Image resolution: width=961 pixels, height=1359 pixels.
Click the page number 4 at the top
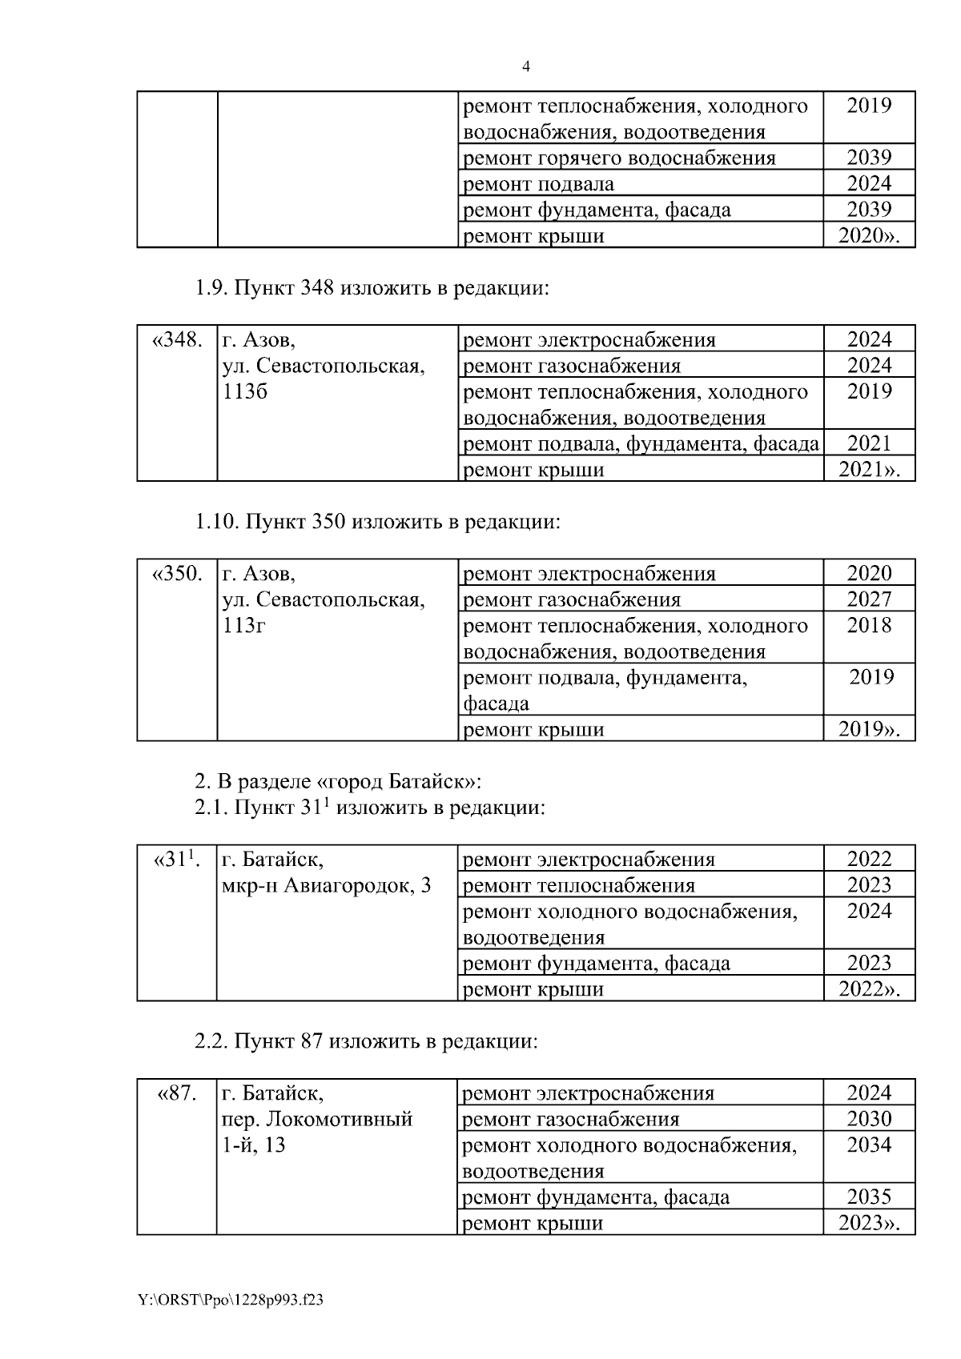(x=526, y=67)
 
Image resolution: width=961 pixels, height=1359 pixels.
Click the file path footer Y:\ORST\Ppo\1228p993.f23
(x=231, y=1301)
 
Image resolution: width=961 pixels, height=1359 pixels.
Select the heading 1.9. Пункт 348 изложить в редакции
(x=372, y=288)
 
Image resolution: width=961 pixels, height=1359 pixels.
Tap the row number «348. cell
(x=177, y=340)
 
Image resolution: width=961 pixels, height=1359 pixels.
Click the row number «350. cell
(x=177, y=574)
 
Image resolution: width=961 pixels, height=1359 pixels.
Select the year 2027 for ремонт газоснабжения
(x=869, y=599)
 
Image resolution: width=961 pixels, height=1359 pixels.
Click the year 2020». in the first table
(x=869, y=236)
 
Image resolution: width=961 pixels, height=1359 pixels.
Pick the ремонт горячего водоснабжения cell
(x=619, y=158)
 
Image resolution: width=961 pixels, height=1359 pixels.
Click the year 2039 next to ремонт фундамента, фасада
(x=869, y=210)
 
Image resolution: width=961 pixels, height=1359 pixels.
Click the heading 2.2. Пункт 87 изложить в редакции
(x=366, y=1042)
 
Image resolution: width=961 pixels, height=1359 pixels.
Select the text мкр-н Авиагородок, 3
(x=326, y=886)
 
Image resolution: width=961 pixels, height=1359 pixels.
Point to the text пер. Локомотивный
(x=316, y=1119)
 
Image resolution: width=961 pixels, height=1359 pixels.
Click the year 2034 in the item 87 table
(x=869, y=1145)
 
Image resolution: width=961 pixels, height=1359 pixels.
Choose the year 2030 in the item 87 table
(x=869, y=1119)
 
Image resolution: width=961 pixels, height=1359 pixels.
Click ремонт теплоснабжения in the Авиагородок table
(x=579, y=886)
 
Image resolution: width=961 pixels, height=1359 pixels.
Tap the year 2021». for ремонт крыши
(x=869, y=470)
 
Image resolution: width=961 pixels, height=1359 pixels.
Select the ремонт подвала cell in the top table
(x=539, y=184)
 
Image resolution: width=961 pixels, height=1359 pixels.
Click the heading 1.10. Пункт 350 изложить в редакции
(x=377, y=522)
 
